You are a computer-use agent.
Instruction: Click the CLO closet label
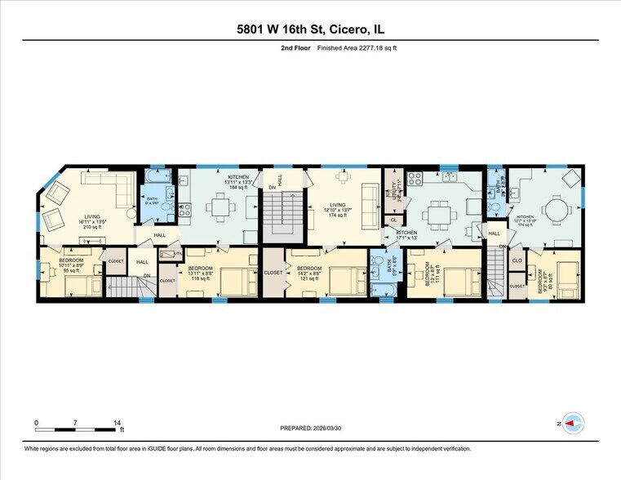click(517, 261)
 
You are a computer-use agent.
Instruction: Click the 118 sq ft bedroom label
click(201, 273)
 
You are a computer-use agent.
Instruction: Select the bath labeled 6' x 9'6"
click(153, 202)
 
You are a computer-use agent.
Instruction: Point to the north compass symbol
click(573, 423)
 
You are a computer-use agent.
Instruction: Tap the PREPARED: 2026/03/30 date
click(310, 428)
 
